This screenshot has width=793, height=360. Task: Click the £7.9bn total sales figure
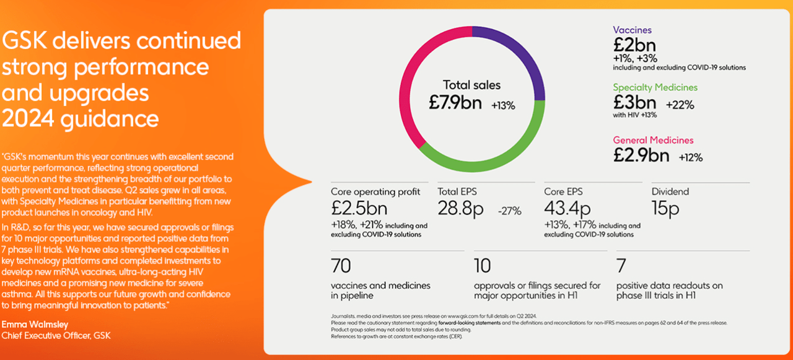coord(455,103)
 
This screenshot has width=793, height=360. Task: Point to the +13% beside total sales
coord(503,105)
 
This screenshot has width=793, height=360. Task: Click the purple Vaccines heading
coord(632,30)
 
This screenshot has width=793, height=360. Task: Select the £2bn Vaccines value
coord(634,45)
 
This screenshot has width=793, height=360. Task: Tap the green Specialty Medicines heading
coord(655,87)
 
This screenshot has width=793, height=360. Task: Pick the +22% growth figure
coord(681,105)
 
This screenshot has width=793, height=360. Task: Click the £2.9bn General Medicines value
coord(641,156)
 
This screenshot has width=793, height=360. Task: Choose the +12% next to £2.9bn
coord(690,157)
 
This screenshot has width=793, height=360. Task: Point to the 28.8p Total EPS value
coord(460,209)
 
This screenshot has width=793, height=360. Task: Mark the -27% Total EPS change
coord(509,211)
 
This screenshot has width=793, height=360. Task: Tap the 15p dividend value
coord(665,209)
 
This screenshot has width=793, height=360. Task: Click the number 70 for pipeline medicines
coord(341,266)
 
